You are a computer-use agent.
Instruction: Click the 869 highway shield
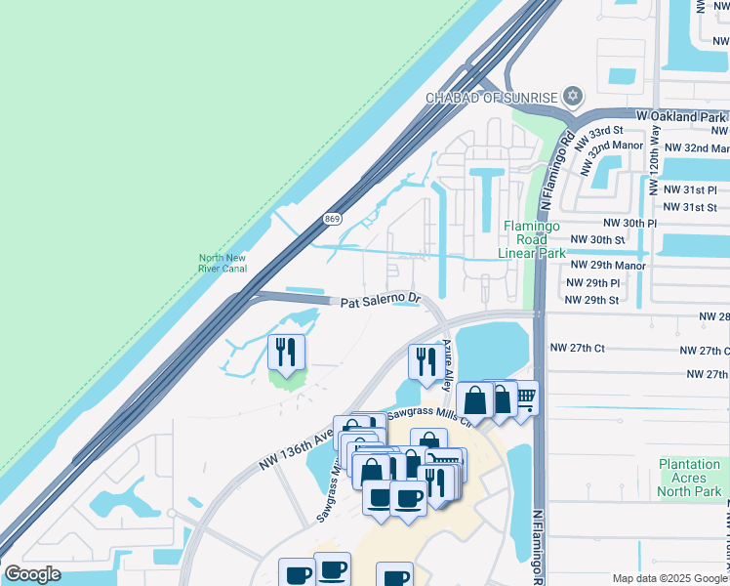pyautogui.click(x=332, y=221)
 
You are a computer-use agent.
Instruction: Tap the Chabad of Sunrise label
pyautogui.click(x=492, y=97)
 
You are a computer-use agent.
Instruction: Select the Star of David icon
pyautogui.click(x=573, y=96)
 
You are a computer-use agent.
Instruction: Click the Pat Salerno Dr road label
pyautogui.click(x=380, y=302)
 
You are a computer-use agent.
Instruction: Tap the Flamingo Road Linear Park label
pyautogui.click(x=532, y=239)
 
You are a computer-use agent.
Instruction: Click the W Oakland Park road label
pyautogui.click(x=681, y=116)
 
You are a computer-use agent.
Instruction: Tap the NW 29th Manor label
pyautogui.click(x=608, y=265)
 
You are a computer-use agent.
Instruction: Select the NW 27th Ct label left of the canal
pyautogui.click(x=578, y=348)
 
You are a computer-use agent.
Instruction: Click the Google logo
pyautogui.click(x=32, y=574)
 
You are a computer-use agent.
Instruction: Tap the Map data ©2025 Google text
pyautogui.click(x=670, y=578)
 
